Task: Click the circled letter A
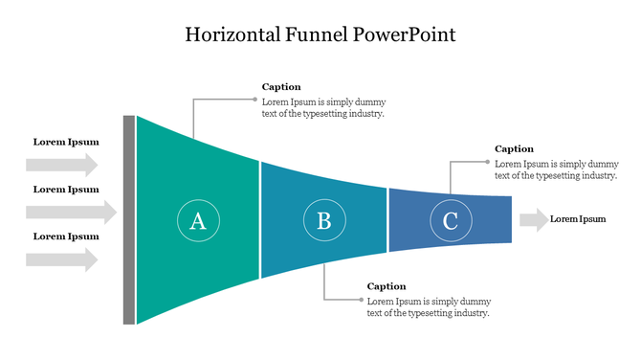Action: [198, 221]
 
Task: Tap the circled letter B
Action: [324, 221]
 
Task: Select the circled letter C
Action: [450, 221]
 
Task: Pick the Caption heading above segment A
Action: [281, 87]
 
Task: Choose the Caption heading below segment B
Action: [387, 286]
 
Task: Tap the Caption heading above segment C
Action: [514, 148]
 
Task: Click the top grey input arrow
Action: [62, 165]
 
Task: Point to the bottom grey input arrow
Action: [62, 259]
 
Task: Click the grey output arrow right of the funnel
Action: [533, 219]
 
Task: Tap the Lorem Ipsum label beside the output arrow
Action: [578, 219]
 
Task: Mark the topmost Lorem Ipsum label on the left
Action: [66, 143]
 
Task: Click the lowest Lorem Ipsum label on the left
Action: [66, 236]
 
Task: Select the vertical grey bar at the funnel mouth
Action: [129, 220]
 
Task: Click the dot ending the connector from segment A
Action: [254, 99]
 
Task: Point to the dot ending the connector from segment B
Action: [360, 300]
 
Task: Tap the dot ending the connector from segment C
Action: [487, 161]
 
